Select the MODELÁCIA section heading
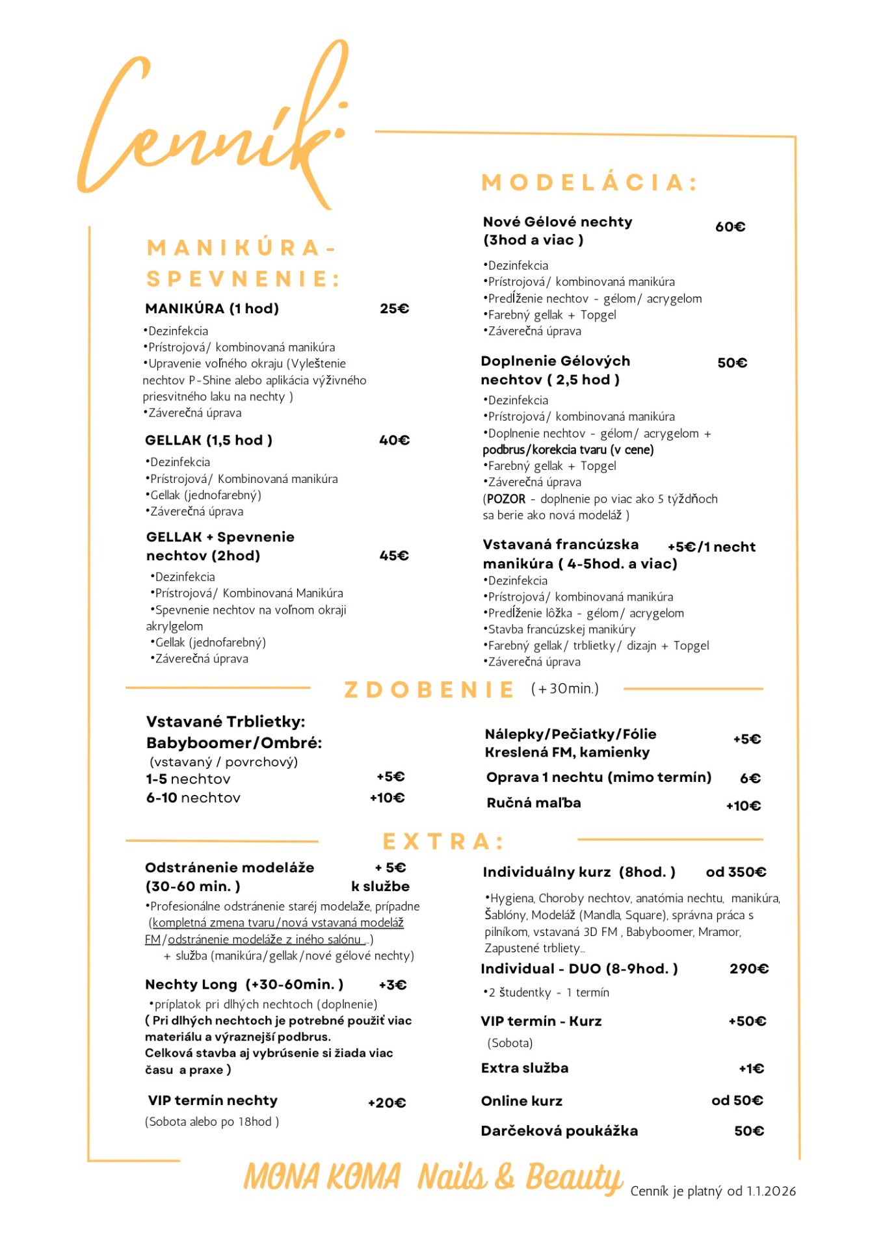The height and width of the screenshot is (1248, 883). click(x=588, y=183)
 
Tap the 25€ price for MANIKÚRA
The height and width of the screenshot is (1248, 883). click(x=395, y=309)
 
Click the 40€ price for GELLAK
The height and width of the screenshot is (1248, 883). click(x=395, y=441)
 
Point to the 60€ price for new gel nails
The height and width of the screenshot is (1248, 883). click(x=730, y=227)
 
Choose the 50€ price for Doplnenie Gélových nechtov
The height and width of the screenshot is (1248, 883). click(x=732, y=363)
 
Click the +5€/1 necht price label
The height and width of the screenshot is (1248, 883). click(x=711, y=547)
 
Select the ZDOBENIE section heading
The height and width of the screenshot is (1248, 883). click(x=429, y=690)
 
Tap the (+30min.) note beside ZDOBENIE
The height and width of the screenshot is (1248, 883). click(x=564, y=688)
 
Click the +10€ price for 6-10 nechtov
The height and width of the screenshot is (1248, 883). click(x=388, y=798)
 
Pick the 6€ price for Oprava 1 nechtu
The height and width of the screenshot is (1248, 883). click(x=750, y=779)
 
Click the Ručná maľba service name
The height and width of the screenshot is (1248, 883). click(x=534, y=803)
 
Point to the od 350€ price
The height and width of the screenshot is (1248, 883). click(x=736, y=872)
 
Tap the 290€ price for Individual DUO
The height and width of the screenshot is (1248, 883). click(x=749, y=969)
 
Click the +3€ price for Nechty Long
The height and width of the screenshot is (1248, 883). click(x=393, y=985)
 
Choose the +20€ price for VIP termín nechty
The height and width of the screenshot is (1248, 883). click(x=387, y=1103)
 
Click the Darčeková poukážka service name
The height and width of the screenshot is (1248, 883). click(x=559, y=1131)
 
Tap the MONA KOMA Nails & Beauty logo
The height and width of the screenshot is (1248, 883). click(x=433, y=1178)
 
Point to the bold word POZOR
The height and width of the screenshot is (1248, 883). click(x=506, y=499)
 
